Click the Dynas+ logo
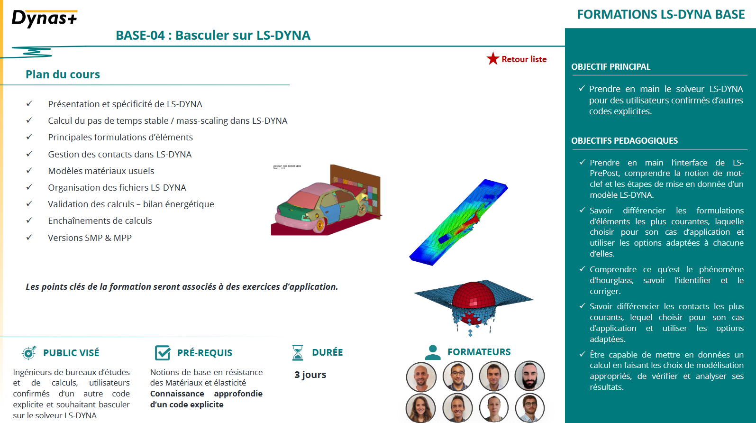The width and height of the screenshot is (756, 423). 44,18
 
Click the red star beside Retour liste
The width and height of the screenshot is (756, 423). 493,59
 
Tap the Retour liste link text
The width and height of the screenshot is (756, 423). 524,59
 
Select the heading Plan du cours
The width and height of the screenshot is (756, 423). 63,74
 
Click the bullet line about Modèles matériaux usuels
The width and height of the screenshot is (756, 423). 101,171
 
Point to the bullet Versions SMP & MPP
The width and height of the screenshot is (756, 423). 90,238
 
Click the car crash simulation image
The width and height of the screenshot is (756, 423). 326,200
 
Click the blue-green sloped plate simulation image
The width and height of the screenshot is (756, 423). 458,222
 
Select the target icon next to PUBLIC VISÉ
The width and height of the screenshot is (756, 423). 29,352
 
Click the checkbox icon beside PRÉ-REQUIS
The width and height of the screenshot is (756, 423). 163,353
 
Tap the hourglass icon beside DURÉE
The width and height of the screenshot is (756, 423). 298,352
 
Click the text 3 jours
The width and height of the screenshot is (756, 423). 310,375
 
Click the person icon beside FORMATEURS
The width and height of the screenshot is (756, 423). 432,352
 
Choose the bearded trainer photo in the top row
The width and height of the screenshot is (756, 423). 529,376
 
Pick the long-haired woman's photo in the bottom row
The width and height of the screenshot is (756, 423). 420,408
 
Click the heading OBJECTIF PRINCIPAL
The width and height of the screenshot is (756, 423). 610,67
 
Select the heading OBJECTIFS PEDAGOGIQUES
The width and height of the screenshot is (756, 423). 624,141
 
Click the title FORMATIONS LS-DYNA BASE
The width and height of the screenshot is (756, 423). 661,15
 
